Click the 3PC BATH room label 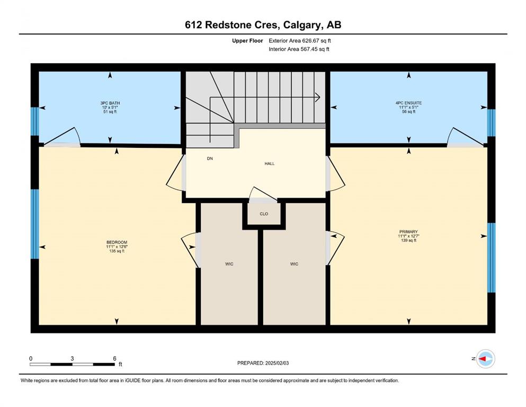coord(110,103)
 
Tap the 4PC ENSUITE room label coord(408,103)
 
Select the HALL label coord(270,164)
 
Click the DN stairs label coord(210,158)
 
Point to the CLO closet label coord(264,214)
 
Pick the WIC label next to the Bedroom coord(229,264)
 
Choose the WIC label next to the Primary coord(294,264)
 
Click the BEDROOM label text coord(117,242)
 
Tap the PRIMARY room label coord(408,232)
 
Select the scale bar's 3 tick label coord(72,358)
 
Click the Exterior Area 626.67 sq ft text coord(300,41)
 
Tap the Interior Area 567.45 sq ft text coord(299,49)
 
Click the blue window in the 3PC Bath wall coord(35,121)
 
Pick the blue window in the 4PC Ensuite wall coord(491,123)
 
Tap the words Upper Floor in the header coord(247,41)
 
